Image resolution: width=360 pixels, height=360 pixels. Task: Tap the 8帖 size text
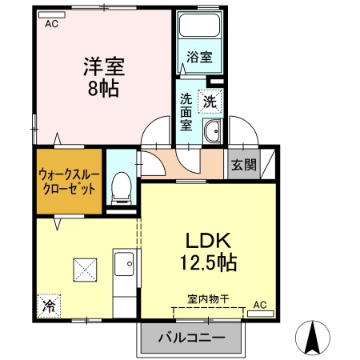(103, 87)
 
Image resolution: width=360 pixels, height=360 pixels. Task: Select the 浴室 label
(199, 58)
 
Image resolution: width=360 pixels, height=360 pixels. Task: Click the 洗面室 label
(186, 112)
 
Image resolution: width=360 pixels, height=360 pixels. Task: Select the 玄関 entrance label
(244, 166)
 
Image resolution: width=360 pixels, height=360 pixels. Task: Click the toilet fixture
(122, 186)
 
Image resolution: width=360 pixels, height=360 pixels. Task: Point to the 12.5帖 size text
(209, 262)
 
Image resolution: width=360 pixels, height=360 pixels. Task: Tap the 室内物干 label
(208, 298)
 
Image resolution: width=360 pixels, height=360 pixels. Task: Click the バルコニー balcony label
(191, 337)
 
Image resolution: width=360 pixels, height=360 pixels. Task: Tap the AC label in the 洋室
(52, 24)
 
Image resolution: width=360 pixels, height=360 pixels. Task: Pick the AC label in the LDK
(260, 305)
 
